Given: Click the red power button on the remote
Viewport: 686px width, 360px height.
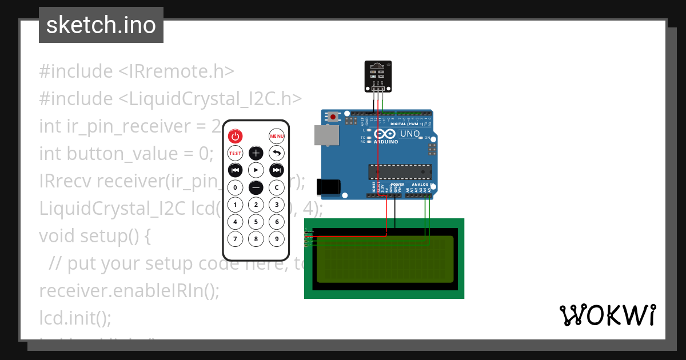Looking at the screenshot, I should (x=236, y=136).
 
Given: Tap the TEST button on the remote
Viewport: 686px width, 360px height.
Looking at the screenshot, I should (x=236, y=153).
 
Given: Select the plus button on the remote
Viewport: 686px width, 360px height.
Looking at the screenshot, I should (x=256, y=153).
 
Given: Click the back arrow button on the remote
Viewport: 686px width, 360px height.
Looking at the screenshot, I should (x=277, y=153).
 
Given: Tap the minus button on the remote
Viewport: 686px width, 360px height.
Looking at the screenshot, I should (x=256, y=187).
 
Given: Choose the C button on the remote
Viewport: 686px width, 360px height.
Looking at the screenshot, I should (x=277, y=187).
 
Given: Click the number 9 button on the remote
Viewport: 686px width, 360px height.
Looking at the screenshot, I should (x=277, y=239).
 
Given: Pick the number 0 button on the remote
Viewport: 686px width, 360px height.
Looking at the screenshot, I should (x=236, y=187).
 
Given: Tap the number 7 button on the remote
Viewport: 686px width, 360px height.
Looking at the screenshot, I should (x=236, y=239).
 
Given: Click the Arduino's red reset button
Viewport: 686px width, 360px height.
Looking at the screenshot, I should (x=333, y=117).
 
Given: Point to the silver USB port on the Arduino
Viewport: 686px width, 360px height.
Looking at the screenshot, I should (x=326, y=135).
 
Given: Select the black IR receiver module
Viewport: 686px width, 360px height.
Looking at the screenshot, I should (x=378, y=76).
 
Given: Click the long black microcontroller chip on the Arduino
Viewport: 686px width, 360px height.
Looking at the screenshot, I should (x=400, y=171).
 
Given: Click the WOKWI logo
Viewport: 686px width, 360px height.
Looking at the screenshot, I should (x=608, y=315).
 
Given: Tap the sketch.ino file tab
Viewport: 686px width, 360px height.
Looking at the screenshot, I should (x=101, y=25).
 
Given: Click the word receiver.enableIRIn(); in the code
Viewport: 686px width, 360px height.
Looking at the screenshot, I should (x=129, y=290).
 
